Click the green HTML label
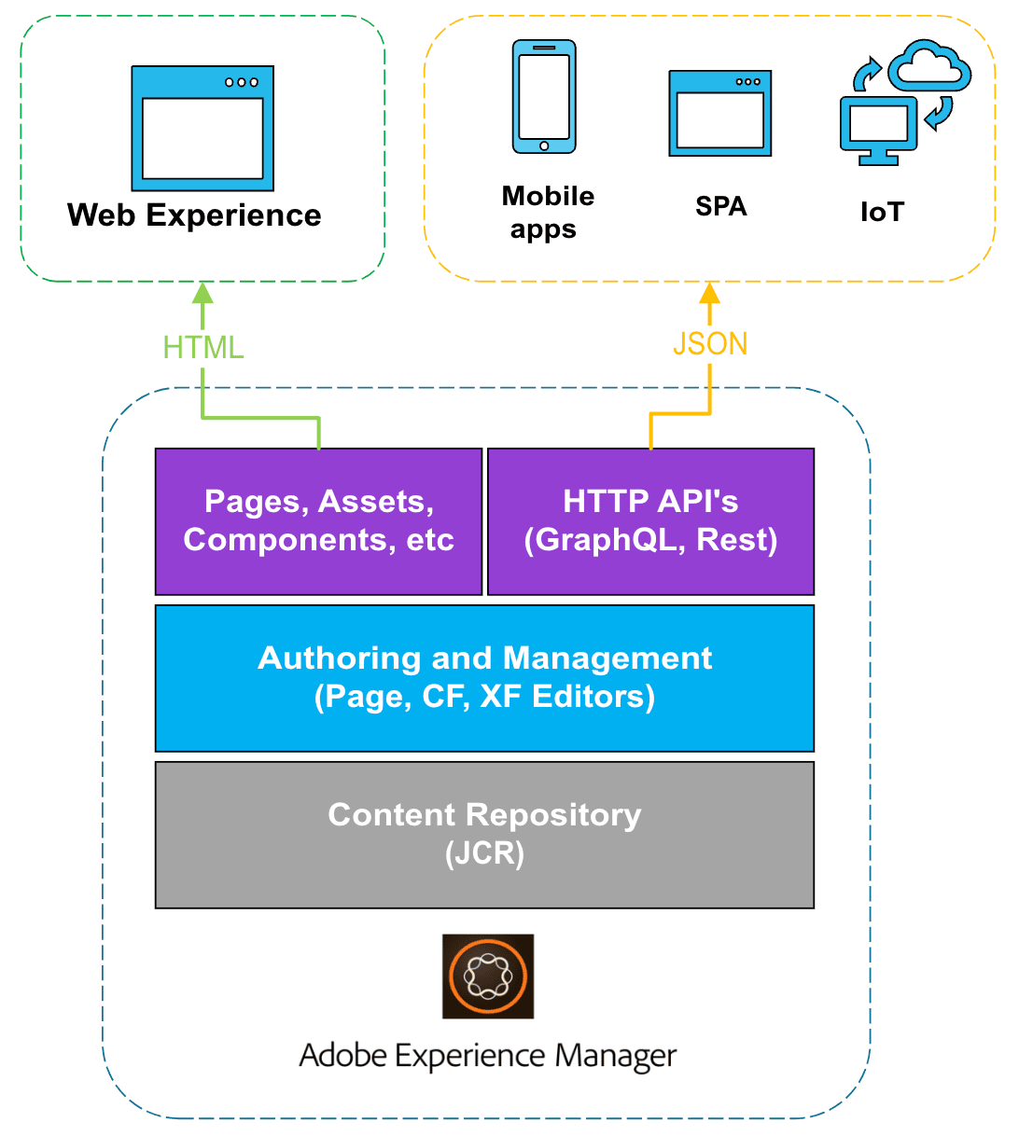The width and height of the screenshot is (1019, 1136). tap(202, 347)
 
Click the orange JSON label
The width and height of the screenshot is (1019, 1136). tap(710, 344)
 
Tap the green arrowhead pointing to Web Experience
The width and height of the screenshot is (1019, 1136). tap(202, 294)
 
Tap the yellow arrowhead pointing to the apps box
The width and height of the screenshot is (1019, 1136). tap(710, 293)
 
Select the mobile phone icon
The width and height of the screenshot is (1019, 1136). tap(544, 96)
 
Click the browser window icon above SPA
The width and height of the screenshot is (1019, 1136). tap(719, 113)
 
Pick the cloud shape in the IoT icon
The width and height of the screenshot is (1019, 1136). tap(929, 65)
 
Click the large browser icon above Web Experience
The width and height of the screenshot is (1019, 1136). tap(202, 128)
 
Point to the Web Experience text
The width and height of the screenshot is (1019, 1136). tap(194, 215)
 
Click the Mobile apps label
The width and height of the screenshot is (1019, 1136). tap(548, 213)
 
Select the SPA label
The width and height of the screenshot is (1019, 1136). tap(720, 206)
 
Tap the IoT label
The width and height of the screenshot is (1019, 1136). tap(882, 212)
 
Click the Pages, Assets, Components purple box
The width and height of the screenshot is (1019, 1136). tap(318, 521)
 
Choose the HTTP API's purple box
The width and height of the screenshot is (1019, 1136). tap(650, 521)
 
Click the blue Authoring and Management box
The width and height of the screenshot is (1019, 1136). tap(484, 678)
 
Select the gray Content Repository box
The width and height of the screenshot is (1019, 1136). tap(484, 835)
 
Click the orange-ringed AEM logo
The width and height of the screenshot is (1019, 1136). tap(488, 977)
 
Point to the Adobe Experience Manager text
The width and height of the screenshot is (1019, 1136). tap(487, 1056)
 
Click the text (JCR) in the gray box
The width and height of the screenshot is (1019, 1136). tap(484, 854)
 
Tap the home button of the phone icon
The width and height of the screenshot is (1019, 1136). tap(544, 145)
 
